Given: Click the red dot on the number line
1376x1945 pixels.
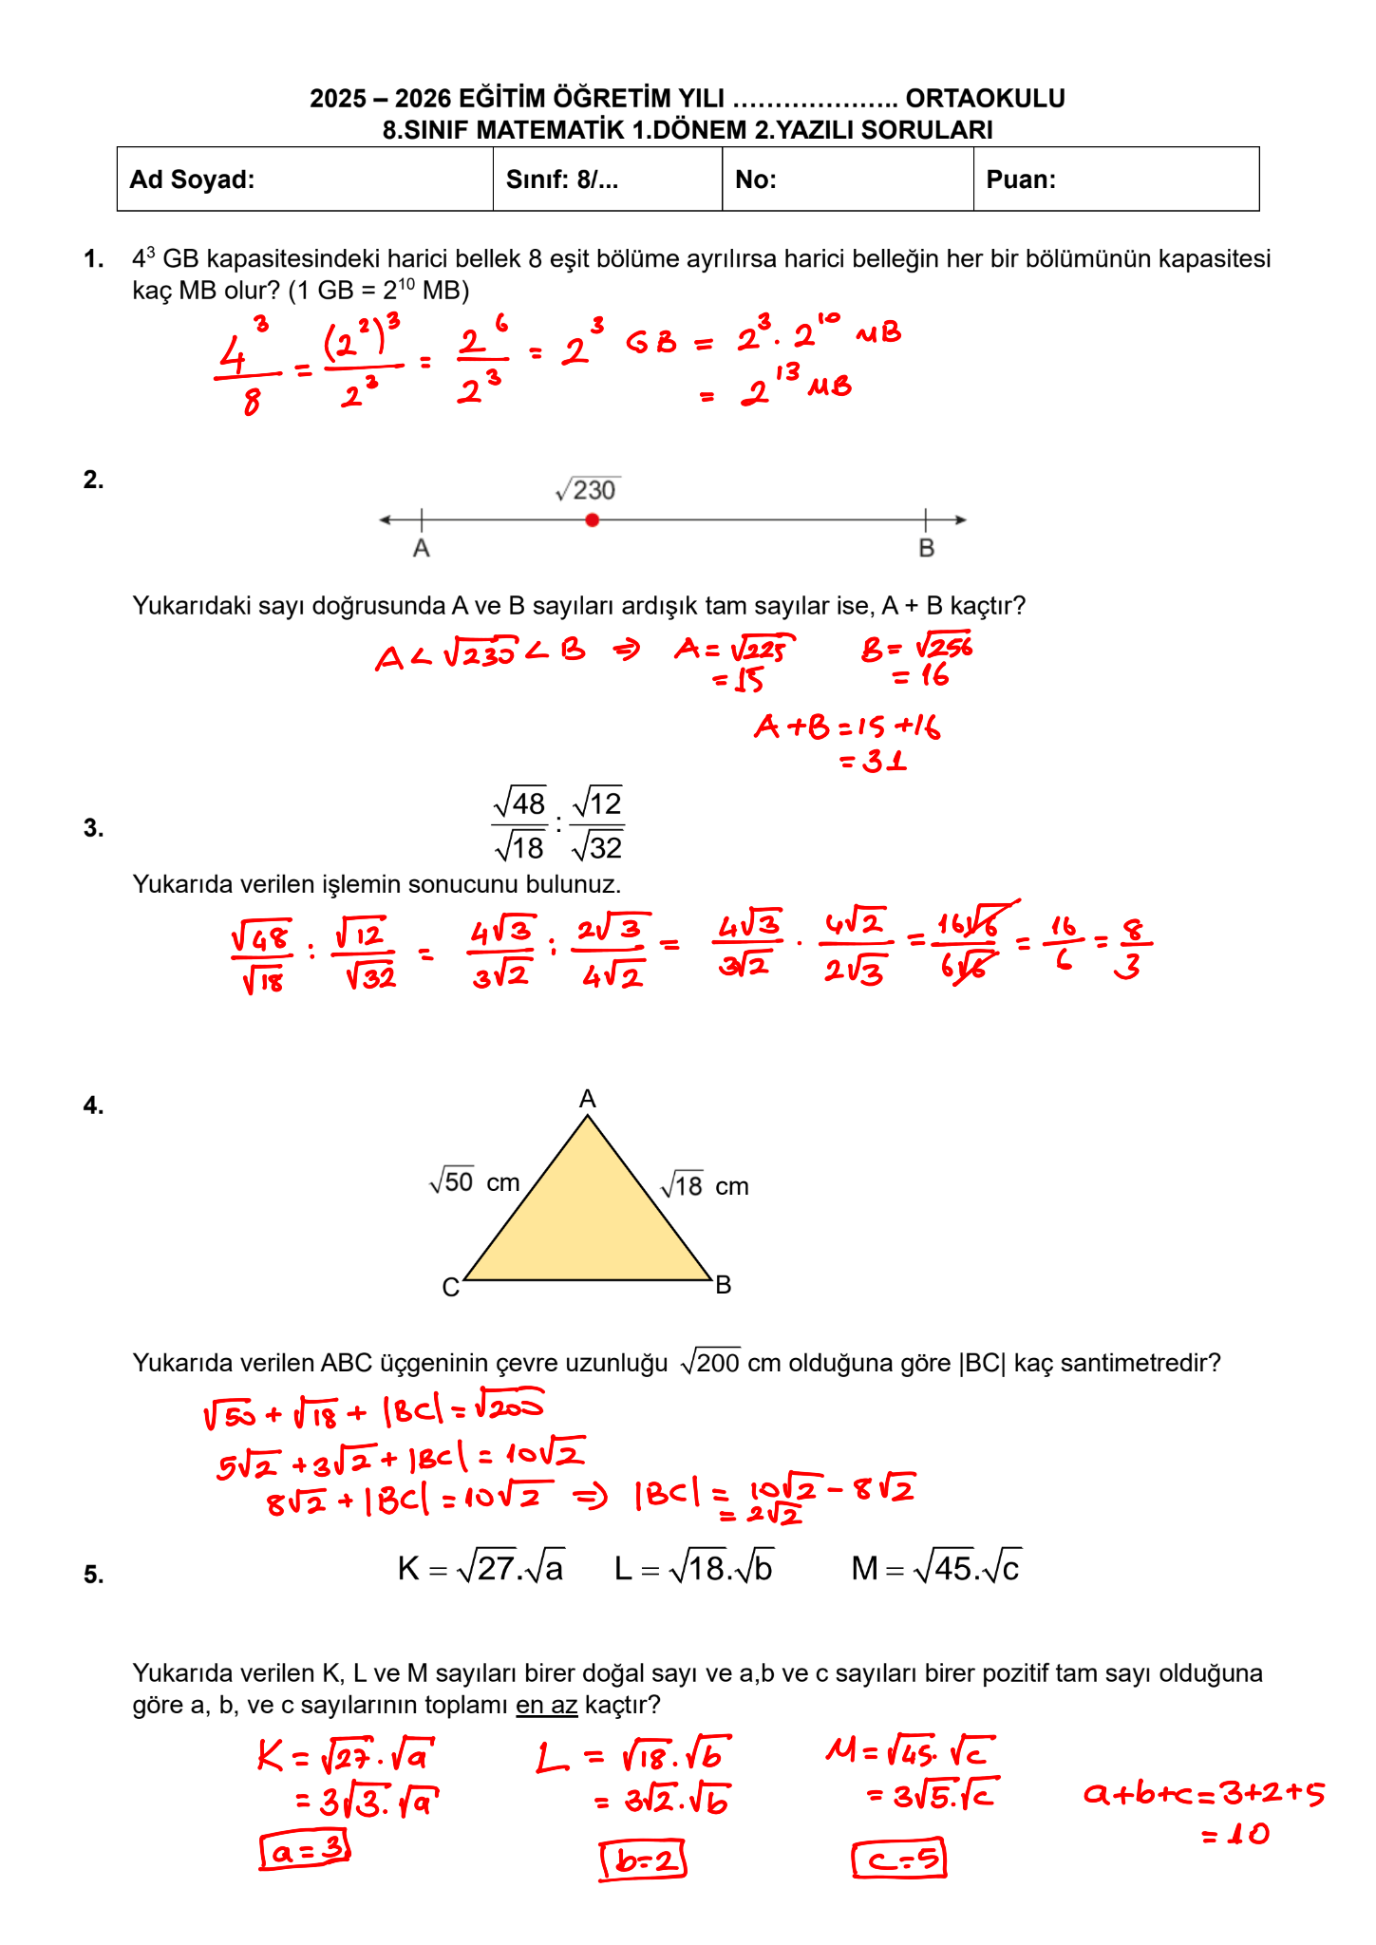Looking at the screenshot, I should click(x=592, y=519).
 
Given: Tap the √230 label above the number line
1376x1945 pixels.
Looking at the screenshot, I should click(x=588, y=490).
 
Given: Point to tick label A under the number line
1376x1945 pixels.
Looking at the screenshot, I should click(x=422, y=549).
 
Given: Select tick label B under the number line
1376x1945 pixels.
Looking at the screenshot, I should click(x=927, y=549).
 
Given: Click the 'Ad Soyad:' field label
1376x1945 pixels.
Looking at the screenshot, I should click(x=192, y=179).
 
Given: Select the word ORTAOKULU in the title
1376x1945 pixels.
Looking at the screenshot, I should click(x=985, y=99).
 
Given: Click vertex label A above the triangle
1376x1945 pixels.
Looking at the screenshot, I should click(x=588, y=1099).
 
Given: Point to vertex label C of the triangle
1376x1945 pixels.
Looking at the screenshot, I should click(x=451, y=1288).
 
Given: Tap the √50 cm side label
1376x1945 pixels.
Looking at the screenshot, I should click(x=475, y=1182).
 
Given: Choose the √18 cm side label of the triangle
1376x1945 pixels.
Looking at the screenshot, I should click(x=705, y=1186).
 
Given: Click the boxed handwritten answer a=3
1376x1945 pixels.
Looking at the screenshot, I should click(x=305, y=1850).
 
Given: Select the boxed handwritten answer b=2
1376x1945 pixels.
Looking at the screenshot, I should click(x=643, y=1860).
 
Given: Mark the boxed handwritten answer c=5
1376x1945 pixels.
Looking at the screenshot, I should click(x=898, y=1859).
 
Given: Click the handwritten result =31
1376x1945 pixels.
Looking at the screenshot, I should click(x=874, y=761).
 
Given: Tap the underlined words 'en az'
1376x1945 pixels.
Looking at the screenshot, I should click(x=546, y=1705).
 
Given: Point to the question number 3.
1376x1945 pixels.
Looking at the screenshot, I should click(x=93, y=828).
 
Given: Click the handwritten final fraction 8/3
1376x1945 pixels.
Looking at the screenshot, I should click(x=1130, y=948).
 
